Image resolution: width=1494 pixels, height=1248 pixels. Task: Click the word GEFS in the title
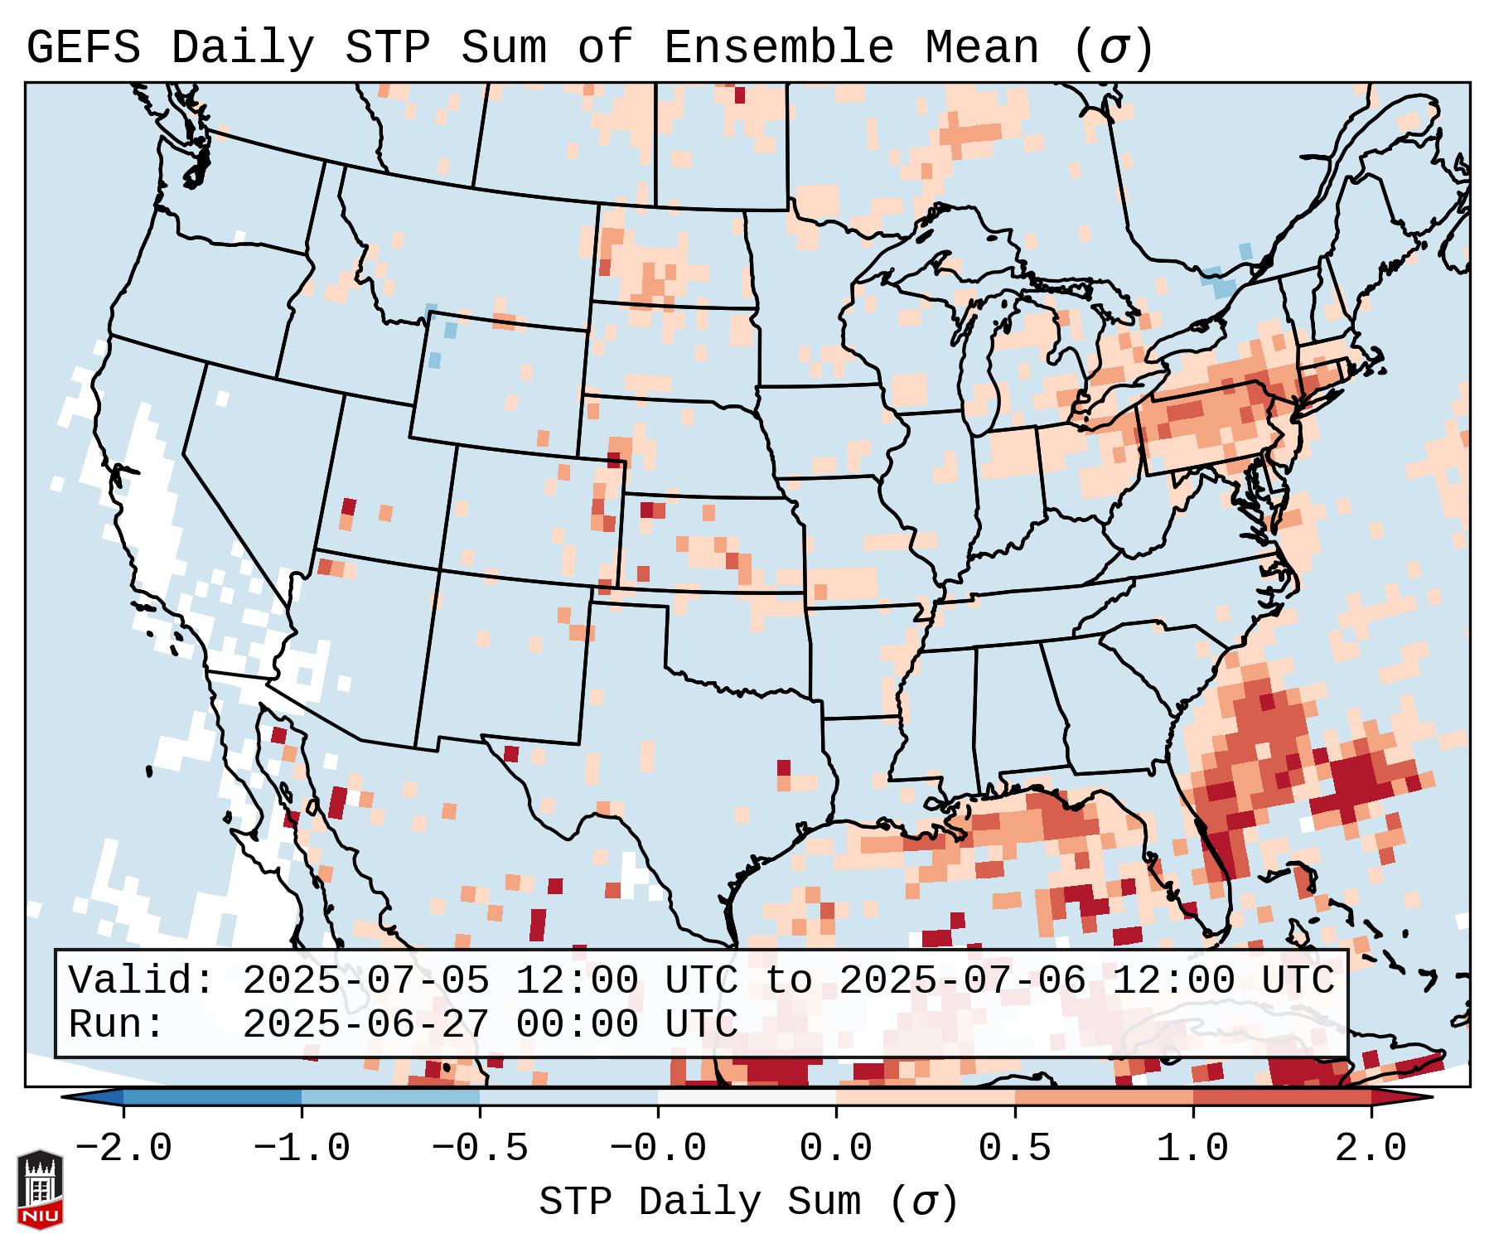point(83,48)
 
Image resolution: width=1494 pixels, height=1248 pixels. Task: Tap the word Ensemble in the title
point(778,48)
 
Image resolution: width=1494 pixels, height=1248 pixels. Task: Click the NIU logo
point(40,1189)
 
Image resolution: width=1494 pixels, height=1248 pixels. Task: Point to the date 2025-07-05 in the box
point(366,980)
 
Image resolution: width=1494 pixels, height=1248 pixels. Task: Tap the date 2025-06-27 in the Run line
point(366,1024)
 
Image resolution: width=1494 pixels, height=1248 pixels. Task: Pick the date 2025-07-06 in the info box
point(962,980)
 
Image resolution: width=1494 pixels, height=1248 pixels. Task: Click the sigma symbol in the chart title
point(1112,48)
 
